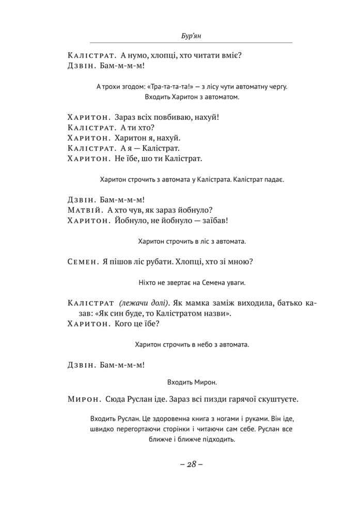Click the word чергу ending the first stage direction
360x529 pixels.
(277, 86)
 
